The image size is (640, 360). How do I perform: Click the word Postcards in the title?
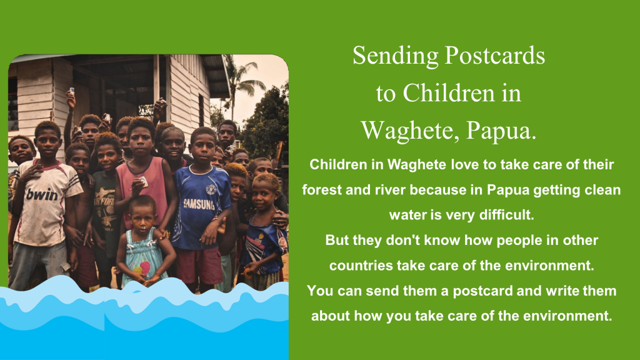pyautogui.click(x=495, y=56)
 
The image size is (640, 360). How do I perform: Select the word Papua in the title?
pyautogui.click(x=501, y=131)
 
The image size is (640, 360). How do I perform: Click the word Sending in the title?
pyautogui.click(x=395, y=56)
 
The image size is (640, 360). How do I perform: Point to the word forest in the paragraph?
pyautogui.click(x=322, y=190)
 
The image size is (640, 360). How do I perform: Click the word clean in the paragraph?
pyautogui.click(x=602, y=190)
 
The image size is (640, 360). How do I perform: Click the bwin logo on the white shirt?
pyautogui.click(x=42, y=195)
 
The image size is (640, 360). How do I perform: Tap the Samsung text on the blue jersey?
pyautogui.click(x=199, y=204)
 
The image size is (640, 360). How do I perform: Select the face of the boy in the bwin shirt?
pyautogui.click(x=47, y=143)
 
